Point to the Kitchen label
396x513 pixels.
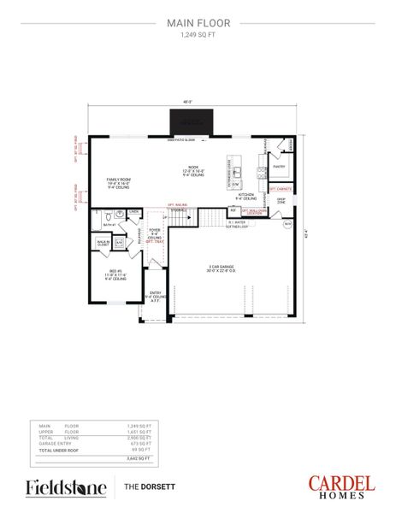[245, 196]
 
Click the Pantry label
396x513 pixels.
[279, 166]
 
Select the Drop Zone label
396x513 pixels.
[281, 202]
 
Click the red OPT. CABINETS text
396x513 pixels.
[281, 188]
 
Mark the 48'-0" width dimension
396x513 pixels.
[186, 103]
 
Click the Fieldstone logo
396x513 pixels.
[67, 487]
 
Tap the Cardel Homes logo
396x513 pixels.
[341, 486]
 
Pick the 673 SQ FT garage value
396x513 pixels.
[139, 443]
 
